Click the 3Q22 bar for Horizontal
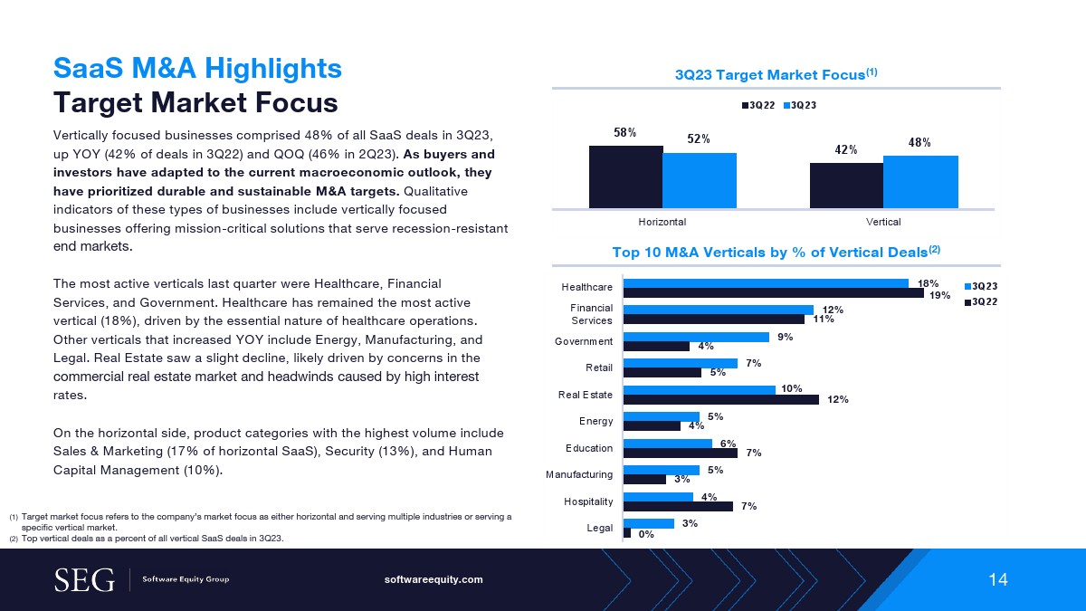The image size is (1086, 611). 625,177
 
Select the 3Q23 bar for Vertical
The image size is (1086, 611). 920,182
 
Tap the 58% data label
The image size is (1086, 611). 625,132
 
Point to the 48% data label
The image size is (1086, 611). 920,142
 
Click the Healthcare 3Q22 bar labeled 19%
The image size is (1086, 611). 774,292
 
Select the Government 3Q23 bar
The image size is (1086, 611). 696,337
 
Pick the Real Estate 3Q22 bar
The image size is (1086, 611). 721,399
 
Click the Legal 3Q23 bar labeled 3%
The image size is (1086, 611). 649,523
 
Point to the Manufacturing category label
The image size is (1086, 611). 578,474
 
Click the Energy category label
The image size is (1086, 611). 596,421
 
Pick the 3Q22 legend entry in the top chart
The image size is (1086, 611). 758,106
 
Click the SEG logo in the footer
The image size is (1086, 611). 84,579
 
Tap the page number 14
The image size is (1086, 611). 997,580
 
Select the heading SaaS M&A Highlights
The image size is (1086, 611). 197,68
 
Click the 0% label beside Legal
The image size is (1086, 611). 646,534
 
